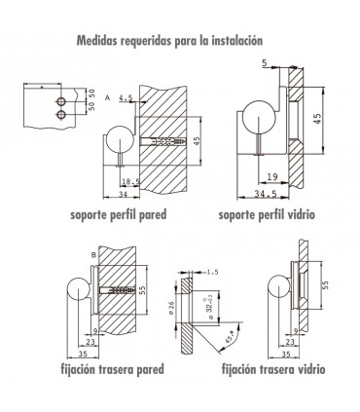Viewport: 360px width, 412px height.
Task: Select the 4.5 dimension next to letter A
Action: click(x=125, y=97)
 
